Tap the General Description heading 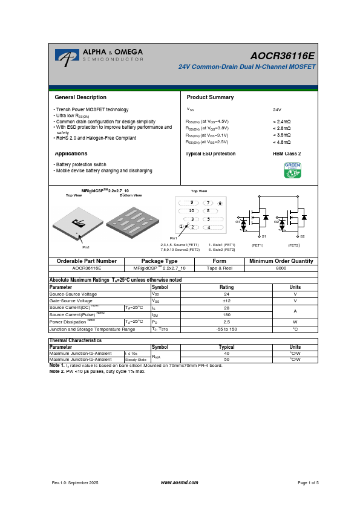point(80,97)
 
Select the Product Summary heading point(210,97)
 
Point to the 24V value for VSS point(277,110)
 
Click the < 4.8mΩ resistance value point(282,142)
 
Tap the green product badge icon point(293,170)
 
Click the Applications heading point(71,154)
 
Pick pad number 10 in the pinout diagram point(191,210)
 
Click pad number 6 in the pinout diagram point(220,203)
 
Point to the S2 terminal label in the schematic point(303,236)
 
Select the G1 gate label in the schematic point(238,222)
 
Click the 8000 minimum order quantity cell point(281,267)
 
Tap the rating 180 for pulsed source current point(226,315)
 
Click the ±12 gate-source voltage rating point(226,300)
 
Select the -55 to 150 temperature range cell point(226,329)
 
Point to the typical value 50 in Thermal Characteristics point(226,360)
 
